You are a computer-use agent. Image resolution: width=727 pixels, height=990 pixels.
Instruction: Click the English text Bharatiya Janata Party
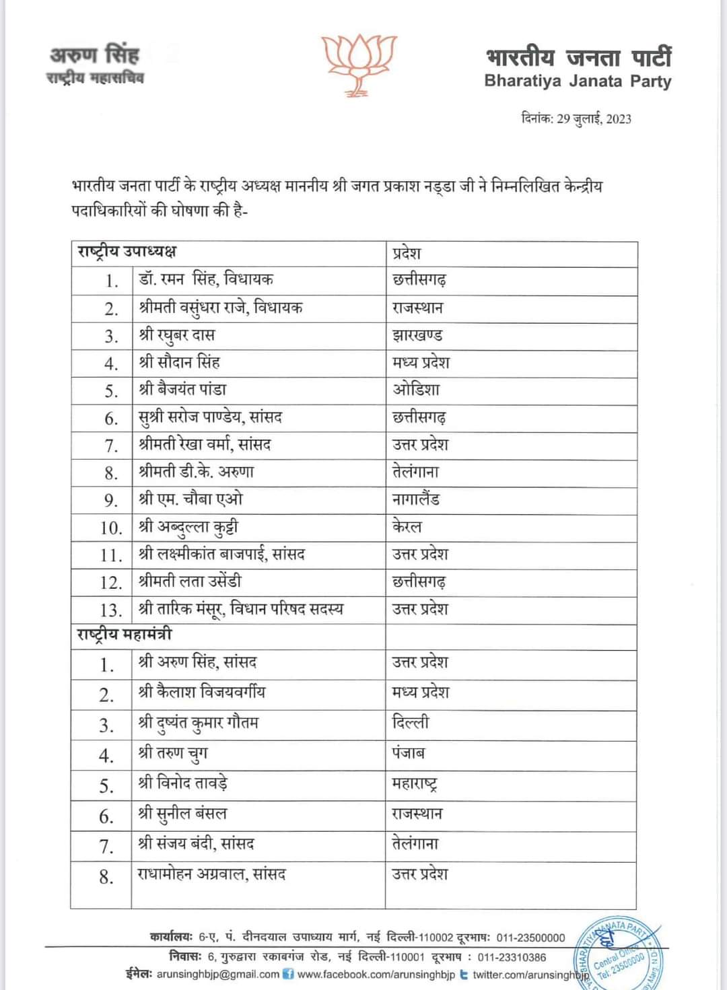(x=578, y=81)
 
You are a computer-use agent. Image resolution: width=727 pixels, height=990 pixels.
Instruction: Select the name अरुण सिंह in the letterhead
(x=94, y=53)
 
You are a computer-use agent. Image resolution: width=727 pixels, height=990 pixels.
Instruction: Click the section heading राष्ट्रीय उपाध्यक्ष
(x=127, y=252)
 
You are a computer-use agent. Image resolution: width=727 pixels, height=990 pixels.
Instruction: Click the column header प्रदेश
(x=407, y=253)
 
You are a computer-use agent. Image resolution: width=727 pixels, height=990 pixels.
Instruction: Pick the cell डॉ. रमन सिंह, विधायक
(x=206, y=279)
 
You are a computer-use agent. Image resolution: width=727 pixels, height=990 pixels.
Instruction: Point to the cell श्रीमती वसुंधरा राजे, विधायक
(x=221, y=308)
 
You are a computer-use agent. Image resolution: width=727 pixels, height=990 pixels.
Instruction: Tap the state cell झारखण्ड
(x=417, y=335)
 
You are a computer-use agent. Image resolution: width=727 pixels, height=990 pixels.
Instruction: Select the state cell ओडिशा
(x=416, y=390)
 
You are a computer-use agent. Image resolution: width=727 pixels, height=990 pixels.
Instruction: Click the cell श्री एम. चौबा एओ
(x=191, y=499)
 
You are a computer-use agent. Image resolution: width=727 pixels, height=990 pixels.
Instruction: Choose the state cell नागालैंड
(x=416, y=499)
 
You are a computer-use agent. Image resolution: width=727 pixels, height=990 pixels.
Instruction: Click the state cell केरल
(x=407, y=526)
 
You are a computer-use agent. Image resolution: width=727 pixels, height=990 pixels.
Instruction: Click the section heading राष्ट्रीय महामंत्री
(x=125, y=635)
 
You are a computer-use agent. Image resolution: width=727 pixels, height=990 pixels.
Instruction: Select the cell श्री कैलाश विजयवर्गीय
(x=202, y=692)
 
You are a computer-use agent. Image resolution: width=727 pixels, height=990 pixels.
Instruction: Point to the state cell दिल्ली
(x=411, y=723)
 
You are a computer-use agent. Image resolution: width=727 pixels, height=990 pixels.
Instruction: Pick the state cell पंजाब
(x=409, y=753)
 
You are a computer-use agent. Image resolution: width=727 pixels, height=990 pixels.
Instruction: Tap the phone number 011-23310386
(x=512, y=956)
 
